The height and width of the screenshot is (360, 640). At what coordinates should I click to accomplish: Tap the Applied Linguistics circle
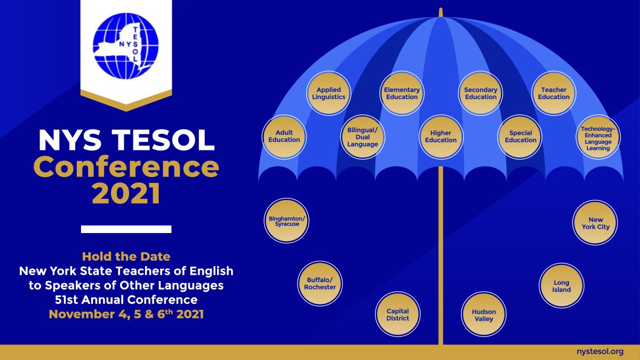click(329, 93)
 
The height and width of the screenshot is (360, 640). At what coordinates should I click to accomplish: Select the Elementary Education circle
click(402, 93)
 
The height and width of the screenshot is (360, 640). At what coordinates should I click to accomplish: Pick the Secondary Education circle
click(481, 93)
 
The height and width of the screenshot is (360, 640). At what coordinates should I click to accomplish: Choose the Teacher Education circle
click(554, 93)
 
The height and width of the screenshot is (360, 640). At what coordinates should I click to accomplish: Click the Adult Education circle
click(284, 137)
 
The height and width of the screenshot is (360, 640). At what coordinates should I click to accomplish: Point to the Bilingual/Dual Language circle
click(363, 137)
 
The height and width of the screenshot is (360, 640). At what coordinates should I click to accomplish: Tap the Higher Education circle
click(441, 137)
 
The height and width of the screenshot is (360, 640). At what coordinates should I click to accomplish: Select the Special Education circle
click(520, 137)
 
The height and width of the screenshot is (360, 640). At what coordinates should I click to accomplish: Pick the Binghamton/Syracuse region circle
click(287, 221)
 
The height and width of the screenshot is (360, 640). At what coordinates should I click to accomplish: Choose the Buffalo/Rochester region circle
click(320, 283)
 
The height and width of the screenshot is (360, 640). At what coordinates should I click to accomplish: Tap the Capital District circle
click(397, 315)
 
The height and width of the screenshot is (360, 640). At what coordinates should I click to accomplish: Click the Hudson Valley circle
click(483, 315)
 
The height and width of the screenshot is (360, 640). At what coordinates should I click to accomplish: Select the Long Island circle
click(561, 286)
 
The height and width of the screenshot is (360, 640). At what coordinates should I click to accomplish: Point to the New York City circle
click(595, 223)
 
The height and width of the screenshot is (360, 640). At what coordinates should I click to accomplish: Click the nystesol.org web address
click(600, 351)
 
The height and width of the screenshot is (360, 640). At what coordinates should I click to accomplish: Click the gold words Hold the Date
click(126, 257)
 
